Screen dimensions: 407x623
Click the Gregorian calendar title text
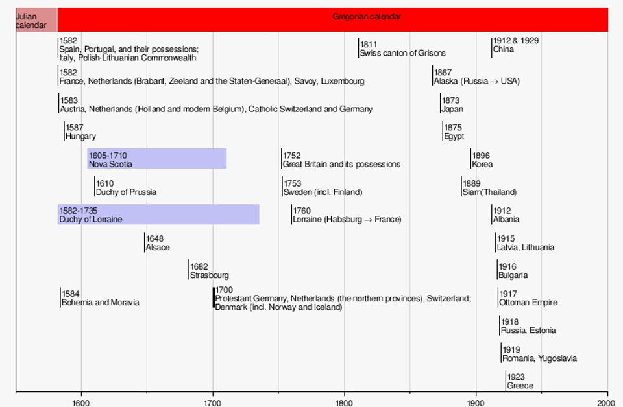point(366,17)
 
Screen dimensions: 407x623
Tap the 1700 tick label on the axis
point(212,402)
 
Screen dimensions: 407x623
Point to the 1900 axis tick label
point(476,402)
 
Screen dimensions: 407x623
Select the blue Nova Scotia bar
point(157,159)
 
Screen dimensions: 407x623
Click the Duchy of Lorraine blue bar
point(158,215)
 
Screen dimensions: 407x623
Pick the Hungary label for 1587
point(80,137)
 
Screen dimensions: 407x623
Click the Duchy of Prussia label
point(126,192)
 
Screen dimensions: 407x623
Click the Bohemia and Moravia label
point(100,303)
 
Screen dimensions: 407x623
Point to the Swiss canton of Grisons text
point(402,53)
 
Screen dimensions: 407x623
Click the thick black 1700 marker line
point(214,298)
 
